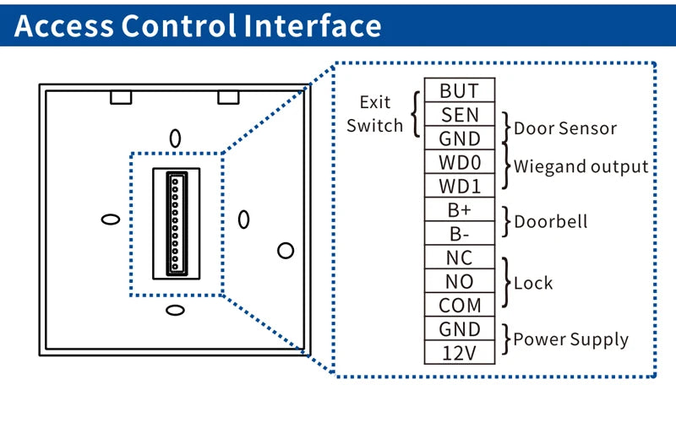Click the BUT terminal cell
click(x=460, y=91)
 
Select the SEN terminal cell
click(x=460, y=115)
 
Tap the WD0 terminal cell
click(x=460, y=162)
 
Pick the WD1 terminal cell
click(x=460, y=186)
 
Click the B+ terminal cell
click(x=460, y=209)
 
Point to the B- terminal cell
click(x=460, y=233)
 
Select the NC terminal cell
click(x=460, y=258)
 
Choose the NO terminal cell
click(x=460, y=281)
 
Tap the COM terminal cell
click(x=460, y=305)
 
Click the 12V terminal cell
click(x=460, y=352)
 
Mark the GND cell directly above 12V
click(x=460, y=328)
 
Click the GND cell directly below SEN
click(x=460, y=138)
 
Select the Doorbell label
click(x=550, y=222)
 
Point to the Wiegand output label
click(x=581, y=166)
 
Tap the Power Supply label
click(x=571, y=340)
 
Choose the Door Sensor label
click(x=565, y=129)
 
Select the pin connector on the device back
click(x=176, y=223)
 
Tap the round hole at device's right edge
click(x=286, y=251)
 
